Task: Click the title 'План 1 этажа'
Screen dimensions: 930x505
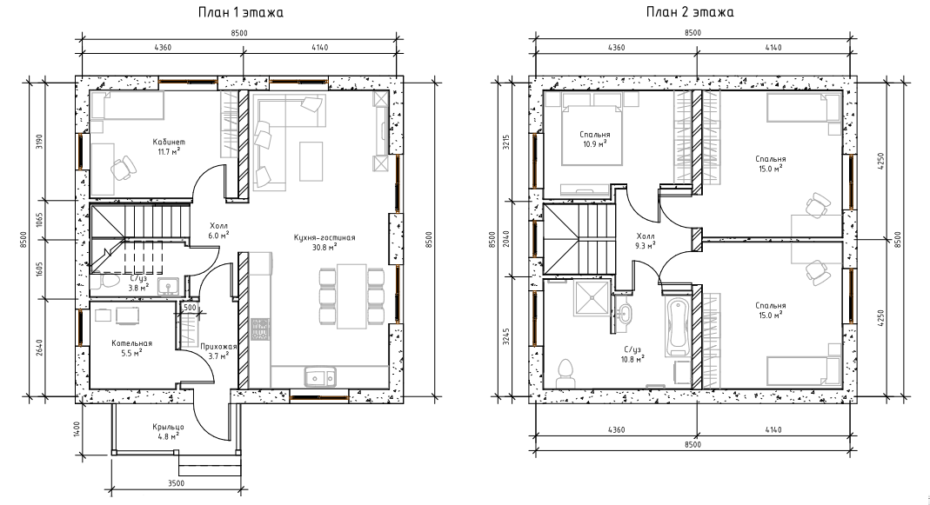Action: (240, 12)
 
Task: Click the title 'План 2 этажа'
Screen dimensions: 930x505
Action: (691, 12)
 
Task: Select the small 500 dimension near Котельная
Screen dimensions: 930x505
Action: (190, 308)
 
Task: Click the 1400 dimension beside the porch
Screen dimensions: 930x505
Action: (77, 428)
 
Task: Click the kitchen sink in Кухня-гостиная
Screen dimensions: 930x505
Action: (319, 376)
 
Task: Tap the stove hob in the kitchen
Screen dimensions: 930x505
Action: (260, 329)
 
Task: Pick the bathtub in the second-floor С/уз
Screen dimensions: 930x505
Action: (677, 327)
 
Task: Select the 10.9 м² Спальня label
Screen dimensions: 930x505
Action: (595, 139)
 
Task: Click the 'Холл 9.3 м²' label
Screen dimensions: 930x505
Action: (645, 239)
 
